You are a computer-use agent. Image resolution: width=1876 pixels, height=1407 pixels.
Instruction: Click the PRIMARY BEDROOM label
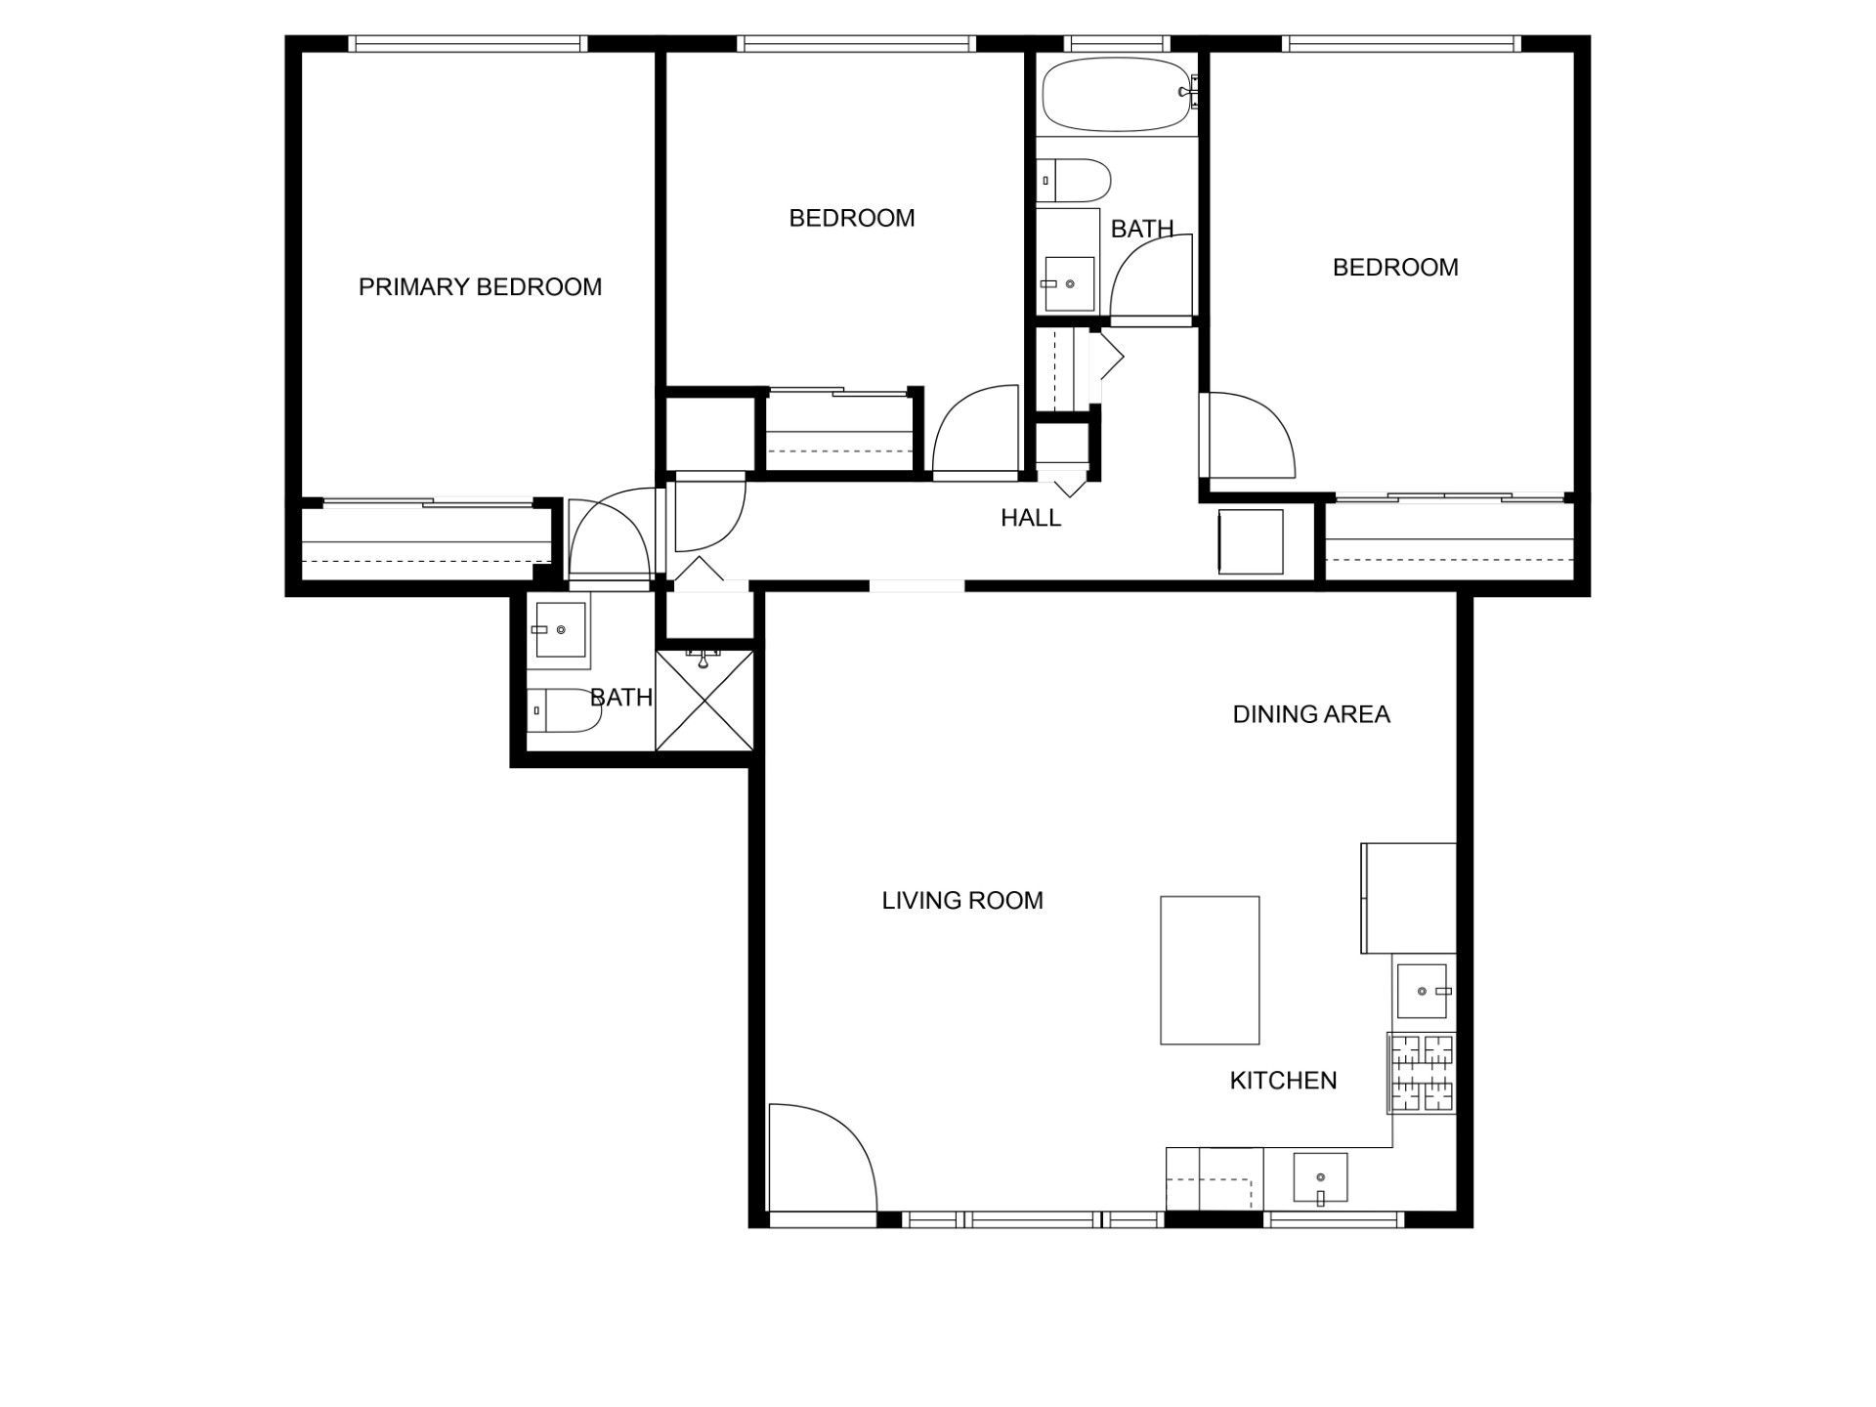point(480,287)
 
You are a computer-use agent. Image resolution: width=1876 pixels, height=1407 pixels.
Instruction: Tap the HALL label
point(1031,518)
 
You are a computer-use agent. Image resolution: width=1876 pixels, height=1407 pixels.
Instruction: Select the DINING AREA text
point(1311,714)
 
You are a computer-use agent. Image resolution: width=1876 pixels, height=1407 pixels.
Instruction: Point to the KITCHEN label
point(1283,1081)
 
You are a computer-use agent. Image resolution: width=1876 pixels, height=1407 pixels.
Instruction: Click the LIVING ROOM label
point(962,901)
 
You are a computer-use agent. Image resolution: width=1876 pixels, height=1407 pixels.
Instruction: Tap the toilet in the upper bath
point(1074,181)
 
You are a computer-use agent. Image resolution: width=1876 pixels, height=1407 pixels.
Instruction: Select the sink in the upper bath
point(1069,283)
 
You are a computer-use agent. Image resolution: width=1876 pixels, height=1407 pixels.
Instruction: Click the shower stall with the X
point(703,701)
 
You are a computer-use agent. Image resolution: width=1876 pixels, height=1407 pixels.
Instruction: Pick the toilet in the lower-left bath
point(564,710)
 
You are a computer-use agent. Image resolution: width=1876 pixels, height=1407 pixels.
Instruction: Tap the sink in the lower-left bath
point(560,630)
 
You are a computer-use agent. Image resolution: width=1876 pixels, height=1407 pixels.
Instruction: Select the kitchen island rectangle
point(1210,970)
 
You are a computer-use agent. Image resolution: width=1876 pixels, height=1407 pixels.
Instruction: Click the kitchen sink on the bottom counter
point(1320,1177)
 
